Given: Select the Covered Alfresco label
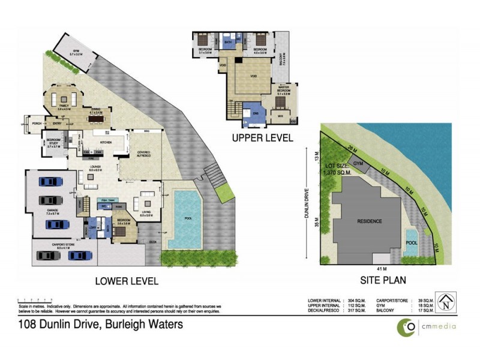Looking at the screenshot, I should pyautogui.click(x=143, y=154).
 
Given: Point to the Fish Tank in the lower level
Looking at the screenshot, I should pyautogui.click(x=108, y=200).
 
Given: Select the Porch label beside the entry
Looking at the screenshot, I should pyautogui.click(x=37, y=125).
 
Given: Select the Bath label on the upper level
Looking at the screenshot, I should pyautogui.click(x=228, y=43).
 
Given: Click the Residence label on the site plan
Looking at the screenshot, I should pyautogui.click(x=370, y=221).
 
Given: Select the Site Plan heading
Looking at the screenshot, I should pyautogui.click(x=383, y=280).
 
